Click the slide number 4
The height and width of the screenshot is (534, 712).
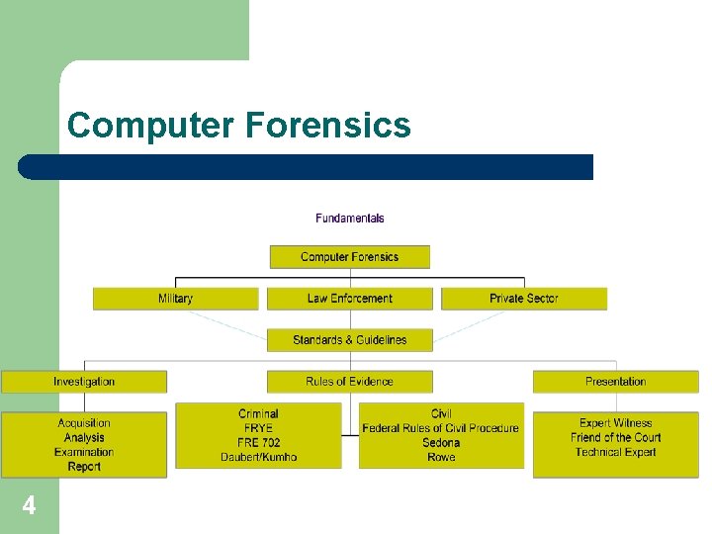(29, 506)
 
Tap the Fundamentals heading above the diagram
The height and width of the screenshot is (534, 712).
(350, 218)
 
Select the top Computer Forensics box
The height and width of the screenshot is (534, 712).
(349, 257)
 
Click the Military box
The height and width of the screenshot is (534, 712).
(175, 299)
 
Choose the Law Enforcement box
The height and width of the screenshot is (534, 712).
(349, 299)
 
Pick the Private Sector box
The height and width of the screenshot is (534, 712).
(523, 299)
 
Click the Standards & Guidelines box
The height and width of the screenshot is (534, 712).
(349, 340)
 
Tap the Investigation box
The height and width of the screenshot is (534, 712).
(84, 382)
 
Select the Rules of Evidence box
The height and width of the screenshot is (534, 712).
(349, 382)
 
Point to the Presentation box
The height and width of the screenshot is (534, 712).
(615, 382)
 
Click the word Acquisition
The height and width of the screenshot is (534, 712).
(84, 423)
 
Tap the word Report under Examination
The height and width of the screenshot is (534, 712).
(84, 467)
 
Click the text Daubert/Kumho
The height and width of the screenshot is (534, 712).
(258, 457)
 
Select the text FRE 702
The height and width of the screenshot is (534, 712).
(258, 442)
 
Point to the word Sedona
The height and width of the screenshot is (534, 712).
(441, 442)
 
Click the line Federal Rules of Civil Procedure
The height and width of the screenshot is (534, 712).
(441, 428)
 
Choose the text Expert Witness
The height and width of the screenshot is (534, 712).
(615, 423)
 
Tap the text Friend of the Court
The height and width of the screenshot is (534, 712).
(615, 437)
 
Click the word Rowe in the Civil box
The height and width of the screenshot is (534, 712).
(441, 457)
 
